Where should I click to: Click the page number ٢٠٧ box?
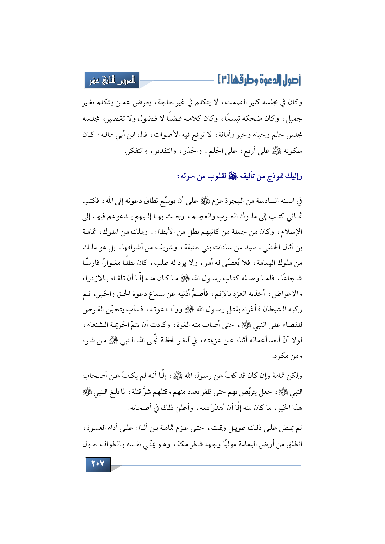pos(98,464)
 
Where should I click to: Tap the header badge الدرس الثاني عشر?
pos(112,81)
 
